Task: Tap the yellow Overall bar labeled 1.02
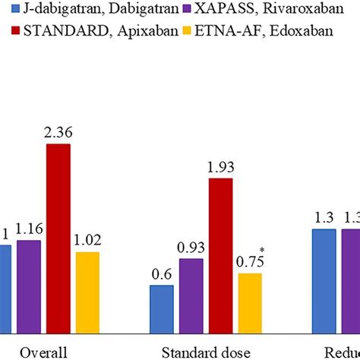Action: click(x=87, y=292)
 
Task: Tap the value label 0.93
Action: click(x=191, y=248)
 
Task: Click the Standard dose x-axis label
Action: click(x=205, y=352)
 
